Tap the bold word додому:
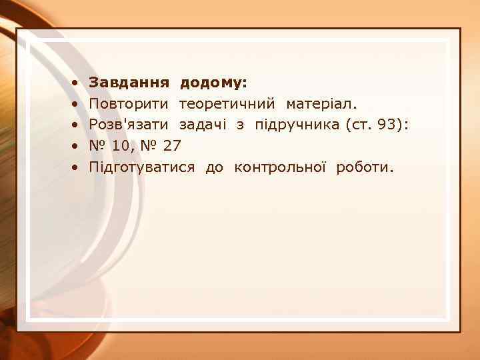pyautogui.click(x=213, y=83)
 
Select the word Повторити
pyautogui.click(x=129, y=104)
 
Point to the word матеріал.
pyautogui.click(x=322, y=104)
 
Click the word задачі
pyautogui.click(x=201, y=125)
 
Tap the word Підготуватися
pyautogui.click(x=143, y=167)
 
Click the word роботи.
pyautogui.click(x=364, y=167)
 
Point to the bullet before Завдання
pyautogui.click(x=77, y=83)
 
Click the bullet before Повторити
pyautogui.click(x=77, y=105)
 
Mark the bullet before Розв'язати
pyautogui.click(x=77, y=125)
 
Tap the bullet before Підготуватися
pyautogui.click(x=77, y=167)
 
